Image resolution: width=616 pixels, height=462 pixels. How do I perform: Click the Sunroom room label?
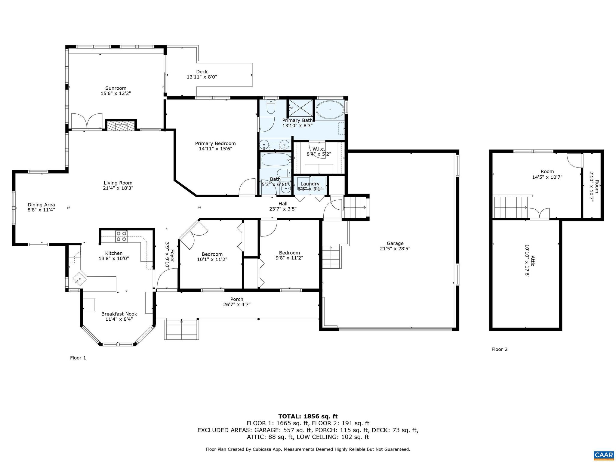115,88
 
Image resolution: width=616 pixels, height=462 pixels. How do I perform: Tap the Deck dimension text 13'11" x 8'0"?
202,77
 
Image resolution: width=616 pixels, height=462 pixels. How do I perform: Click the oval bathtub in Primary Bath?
330,110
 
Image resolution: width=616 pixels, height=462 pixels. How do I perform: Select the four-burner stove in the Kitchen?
121,236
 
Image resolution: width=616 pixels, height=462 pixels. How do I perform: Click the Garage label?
395,243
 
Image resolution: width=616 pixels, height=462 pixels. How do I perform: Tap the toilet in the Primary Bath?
271,107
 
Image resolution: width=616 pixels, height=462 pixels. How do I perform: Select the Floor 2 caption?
499,349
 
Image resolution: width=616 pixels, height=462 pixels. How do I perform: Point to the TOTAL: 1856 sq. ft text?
308,416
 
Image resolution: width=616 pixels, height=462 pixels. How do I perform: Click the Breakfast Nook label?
119,314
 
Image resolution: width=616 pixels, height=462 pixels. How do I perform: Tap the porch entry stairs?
181,329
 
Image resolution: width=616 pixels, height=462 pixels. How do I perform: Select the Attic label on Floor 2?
532,261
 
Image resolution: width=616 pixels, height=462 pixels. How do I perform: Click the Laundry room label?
310,184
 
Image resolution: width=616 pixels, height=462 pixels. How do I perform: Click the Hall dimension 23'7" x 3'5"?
283,209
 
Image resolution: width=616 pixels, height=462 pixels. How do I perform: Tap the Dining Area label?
41,205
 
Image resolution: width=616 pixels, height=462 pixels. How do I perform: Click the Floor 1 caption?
78,358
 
